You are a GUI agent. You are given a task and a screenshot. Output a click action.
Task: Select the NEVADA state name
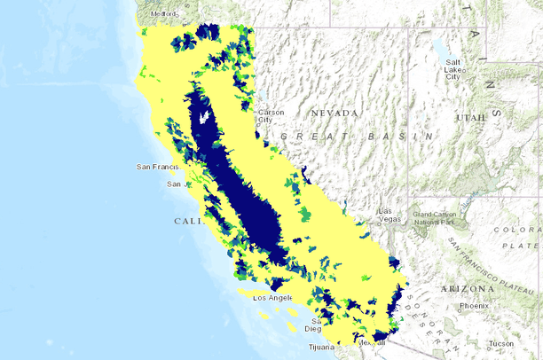click(334, 113)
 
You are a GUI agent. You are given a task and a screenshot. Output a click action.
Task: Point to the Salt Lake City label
click(452, 69)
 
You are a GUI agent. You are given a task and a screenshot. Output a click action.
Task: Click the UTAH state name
click(470, 118)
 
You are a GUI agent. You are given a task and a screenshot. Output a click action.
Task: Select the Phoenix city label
click(474, 306)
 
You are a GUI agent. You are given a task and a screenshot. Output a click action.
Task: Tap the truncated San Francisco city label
click(158, 166)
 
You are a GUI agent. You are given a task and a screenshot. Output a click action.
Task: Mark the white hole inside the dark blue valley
click(206, 115)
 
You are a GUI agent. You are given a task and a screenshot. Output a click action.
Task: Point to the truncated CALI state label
click(188, 221)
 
